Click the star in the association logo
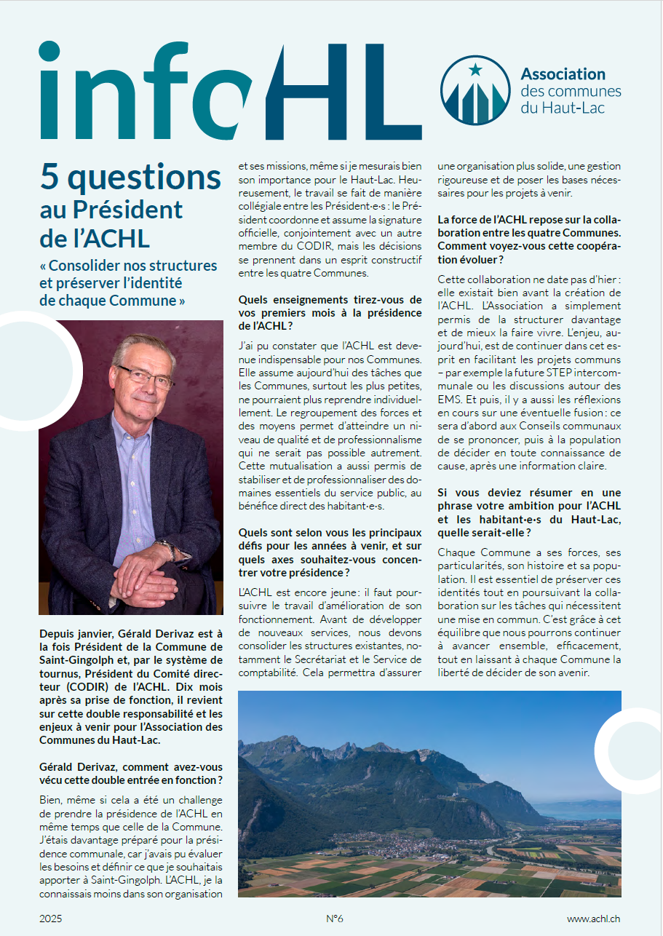475,70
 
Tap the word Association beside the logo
563,74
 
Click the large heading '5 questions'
130,177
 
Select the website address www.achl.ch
594,919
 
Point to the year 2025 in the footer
51,919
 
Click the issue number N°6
334,919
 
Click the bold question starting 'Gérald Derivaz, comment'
131,774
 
